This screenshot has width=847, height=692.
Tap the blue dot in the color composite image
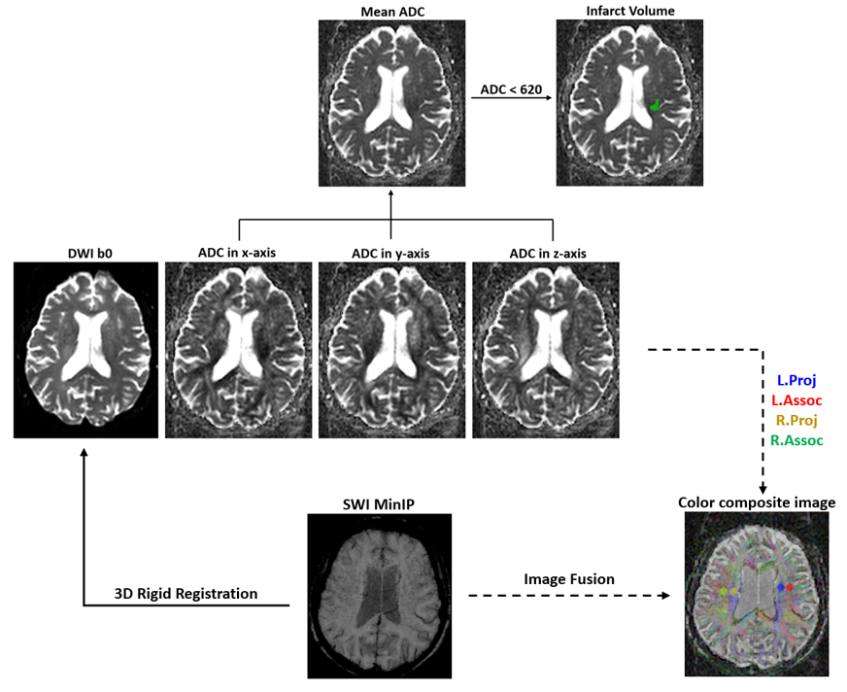(780, 588)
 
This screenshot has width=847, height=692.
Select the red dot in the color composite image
(790, 587)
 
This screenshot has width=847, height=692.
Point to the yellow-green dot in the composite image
(724, 591)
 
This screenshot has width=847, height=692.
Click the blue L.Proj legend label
(796, 380)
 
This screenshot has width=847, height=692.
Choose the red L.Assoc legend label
(797, 400)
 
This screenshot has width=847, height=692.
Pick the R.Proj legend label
(796, 421)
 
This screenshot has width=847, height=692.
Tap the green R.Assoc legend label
(796, 440)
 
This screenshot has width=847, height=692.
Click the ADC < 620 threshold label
(511, 89)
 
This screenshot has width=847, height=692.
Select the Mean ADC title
(390, 12)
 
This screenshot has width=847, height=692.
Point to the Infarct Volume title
(629, 12)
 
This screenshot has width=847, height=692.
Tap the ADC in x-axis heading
(237, 254)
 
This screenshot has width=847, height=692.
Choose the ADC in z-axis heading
(548, 254)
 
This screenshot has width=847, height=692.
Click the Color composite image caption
(758, 502)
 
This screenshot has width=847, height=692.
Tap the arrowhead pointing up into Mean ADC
(390, 193)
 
